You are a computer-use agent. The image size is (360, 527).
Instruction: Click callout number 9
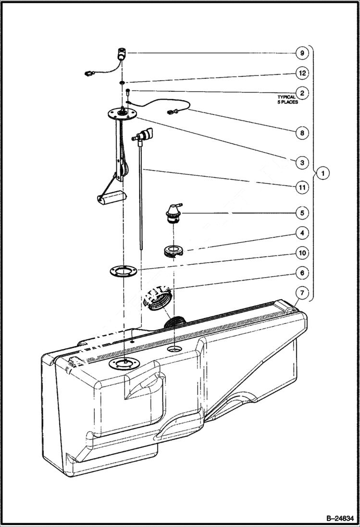tap(301, 53)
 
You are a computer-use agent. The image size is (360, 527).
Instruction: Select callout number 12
tap(301, 73)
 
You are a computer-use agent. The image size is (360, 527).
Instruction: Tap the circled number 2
tap(301, 92)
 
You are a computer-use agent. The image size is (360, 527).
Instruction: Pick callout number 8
tap(301, 133)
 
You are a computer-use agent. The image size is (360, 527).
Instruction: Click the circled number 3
tap(301, 163)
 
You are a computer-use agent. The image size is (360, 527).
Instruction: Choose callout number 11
tap(301, 188)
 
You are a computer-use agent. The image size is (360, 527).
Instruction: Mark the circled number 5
tap(301, 212)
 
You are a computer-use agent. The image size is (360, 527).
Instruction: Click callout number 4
tap(301, 233)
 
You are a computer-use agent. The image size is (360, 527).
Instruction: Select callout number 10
tap(301, 253)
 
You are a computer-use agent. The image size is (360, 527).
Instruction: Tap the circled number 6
tap(301, 273)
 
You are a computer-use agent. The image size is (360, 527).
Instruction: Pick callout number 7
tap(301, 292)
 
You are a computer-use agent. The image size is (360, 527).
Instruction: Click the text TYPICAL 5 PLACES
tap(287, 99)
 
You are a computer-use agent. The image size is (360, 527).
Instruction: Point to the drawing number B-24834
tap(336, 518)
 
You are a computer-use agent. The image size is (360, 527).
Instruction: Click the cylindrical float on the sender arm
tap(112, 197)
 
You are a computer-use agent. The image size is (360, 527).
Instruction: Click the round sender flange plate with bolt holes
tap(123, 114)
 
